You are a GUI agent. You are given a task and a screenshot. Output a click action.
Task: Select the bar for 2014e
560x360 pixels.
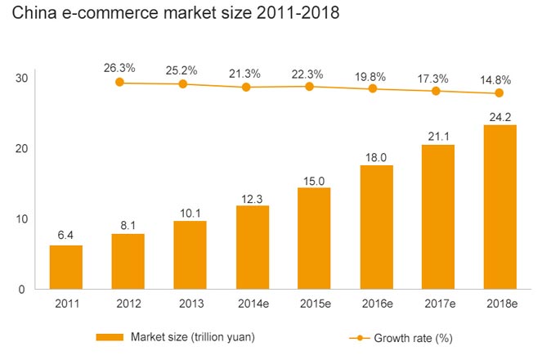[x=252, y=247]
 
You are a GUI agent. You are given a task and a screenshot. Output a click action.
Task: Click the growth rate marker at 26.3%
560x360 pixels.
[x=120, y=82]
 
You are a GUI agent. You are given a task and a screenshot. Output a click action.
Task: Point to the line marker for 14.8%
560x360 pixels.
[x=500, y=93]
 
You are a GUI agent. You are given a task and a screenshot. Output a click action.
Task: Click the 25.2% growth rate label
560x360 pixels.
[x=183, y=69]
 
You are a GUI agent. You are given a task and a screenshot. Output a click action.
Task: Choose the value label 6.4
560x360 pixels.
[x=65, y=235]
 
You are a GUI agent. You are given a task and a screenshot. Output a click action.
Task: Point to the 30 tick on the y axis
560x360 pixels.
[x=21, y=79]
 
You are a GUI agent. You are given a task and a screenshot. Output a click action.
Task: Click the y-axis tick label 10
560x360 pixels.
[x=21, y=219]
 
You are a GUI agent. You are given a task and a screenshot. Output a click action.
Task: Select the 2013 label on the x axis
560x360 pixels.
[x=190, y=304]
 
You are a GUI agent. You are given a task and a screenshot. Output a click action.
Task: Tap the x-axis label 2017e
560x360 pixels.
[x=438, y=304]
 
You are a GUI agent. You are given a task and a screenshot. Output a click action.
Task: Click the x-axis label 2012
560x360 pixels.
[x=128, y=304]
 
